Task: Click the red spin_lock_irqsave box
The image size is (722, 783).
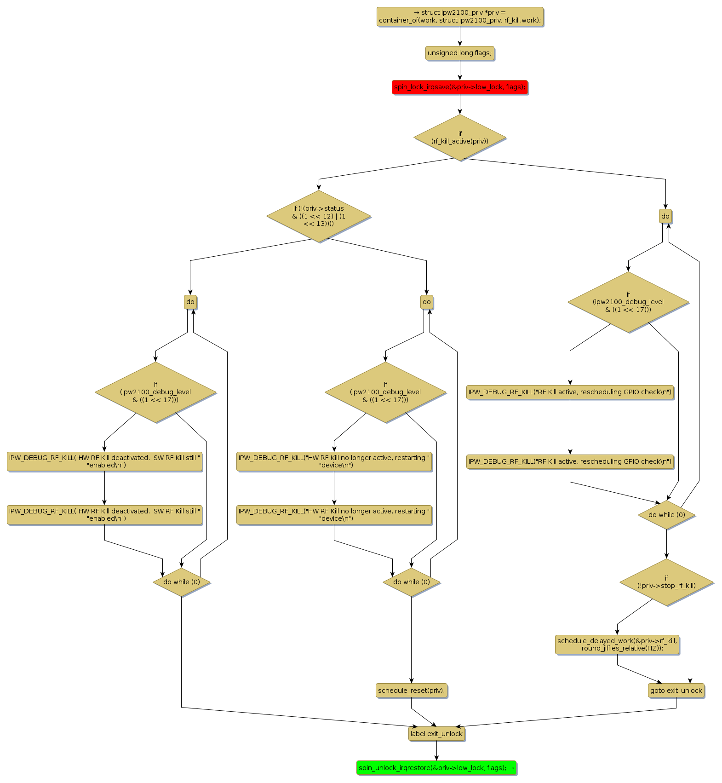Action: tap(459, 87)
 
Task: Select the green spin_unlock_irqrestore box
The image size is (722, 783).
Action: tap(436, 767)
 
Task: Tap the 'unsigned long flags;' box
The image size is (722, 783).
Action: tap(459, 53)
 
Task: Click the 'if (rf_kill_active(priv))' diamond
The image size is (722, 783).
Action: tap(459, 138)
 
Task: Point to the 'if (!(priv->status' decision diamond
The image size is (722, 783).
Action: tap(318, 216)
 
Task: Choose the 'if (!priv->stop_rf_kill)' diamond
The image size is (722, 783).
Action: tap(666, 582)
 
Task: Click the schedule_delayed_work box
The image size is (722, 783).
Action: tap(617, 644)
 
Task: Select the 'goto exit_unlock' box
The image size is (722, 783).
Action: tap(676, 690)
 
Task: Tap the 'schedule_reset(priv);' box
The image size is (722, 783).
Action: tap(411, 690)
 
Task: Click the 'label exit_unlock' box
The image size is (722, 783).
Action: tap(436, 733)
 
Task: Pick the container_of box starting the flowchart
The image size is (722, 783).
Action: tap(459, 17)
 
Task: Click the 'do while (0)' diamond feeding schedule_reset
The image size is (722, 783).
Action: tap(411, 582)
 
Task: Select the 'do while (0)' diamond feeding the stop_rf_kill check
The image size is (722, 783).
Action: tap(666, 515)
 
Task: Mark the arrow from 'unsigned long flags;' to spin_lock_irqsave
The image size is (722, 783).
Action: tap(459, 70)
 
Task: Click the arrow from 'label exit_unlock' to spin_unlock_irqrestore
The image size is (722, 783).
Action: tap(436, 751)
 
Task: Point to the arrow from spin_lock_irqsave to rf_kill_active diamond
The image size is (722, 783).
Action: tap(459, 104)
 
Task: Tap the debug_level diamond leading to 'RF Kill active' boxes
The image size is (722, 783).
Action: tap(628, 302)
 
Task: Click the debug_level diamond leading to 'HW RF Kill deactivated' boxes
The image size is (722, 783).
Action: tap(155, 392)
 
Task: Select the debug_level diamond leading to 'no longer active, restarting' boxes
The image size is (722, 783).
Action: tap(385, 392)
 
